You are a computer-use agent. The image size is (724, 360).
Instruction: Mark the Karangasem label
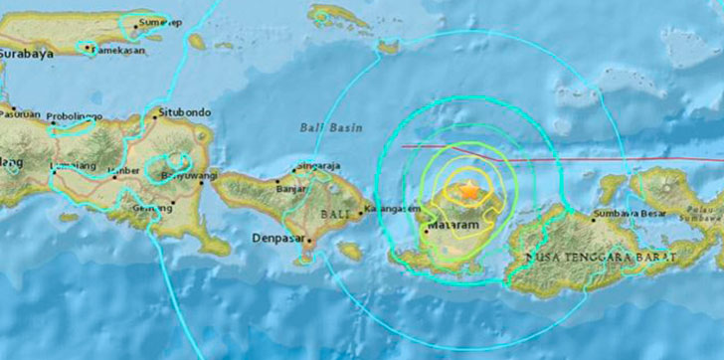click(391, 209)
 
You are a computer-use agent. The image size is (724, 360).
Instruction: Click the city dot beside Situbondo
click(155, 111)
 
